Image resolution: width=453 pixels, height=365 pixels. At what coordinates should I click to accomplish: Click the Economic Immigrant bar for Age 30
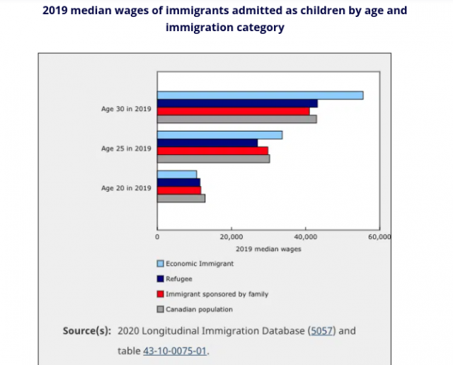tap(260, 95)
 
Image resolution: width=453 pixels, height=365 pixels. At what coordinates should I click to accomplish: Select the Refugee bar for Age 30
tap(237, 103)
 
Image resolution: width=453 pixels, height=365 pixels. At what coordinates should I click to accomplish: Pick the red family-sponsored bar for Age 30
tap(234, 111)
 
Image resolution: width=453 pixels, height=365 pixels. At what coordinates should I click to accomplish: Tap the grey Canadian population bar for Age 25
tap(213, 158)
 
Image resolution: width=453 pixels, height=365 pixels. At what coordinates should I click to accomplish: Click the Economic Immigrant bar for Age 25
tap(219, 135)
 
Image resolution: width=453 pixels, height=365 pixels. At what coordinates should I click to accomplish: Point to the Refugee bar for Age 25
tap(207, 143)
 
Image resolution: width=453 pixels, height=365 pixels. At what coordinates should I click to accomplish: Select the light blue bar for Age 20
tap(177, 175)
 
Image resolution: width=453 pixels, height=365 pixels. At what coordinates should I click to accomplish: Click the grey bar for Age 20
tap(181, 198)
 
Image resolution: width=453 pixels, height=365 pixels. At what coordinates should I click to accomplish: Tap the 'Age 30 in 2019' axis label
tap(126, 109)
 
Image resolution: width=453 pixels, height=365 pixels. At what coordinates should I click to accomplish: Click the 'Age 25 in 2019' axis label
tap(126, 149)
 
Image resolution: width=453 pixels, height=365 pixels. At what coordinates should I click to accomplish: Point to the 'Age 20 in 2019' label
tap(126, 187)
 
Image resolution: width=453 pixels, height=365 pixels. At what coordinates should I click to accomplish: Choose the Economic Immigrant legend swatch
tap(160, 264)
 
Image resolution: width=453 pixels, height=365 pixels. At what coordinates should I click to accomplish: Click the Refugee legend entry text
tap(178, 279)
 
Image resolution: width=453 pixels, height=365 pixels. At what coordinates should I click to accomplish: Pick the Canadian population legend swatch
tap(160, 309)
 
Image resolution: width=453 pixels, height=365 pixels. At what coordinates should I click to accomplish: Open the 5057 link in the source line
tap(323, 330)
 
